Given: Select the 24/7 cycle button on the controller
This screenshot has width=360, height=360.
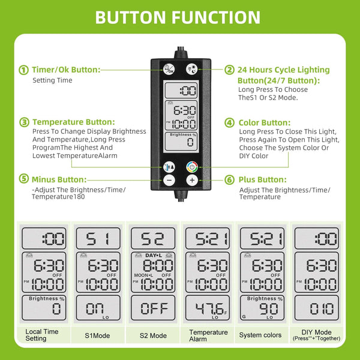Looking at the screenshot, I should tap(191, 69).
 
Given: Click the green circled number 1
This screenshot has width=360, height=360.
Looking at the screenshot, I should tap(23, 70).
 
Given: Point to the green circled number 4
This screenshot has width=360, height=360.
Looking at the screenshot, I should tap(229, 122).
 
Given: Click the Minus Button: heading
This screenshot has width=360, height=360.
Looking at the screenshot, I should tap(59, 179).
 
